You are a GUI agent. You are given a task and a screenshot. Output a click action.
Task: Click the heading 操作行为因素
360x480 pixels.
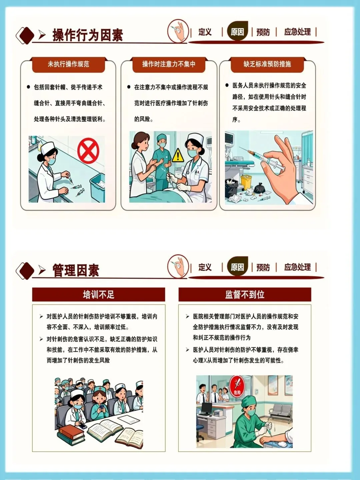click(x=88, y=35)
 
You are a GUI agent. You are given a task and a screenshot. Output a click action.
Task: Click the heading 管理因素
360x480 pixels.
click(x=76, y=270)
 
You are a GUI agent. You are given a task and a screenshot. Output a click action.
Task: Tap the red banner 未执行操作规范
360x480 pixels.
click(x=68, y=64)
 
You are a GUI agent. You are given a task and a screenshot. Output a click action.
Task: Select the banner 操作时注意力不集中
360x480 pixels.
click(x=169, y=64)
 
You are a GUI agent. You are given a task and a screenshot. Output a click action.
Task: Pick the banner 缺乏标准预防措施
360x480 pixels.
click(x=267, y=64)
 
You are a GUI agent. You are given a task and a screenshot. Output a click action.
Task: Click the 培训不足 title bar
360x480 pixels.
click(x=99, y=295)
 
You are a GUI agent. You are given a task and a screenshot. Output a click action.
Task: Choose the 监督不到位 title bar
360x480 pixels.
click(x=245, y=295)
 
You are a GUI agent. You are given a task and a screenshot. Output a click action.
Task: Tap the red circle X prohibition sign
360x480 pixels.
click(x=88, y=151)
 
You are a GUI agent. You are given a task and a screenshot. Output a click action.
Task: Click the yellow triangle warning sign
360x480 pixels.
click(x=178, y=155)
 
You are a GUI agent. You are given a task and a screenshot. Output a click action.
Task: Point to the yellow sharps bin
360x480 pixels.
click(x=246, y=182)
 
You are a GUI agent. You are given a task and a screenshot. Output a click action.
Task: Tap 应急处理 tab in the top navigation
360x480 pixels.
click(x=297, y=32)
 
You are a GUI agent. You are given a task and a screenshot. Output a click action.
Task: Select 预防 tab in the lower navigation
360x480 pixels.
click(x=263, y=267)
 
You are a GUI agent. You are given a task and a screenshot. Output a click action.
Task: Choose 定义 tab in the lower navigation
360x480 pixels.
click(x=205, y=267)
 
